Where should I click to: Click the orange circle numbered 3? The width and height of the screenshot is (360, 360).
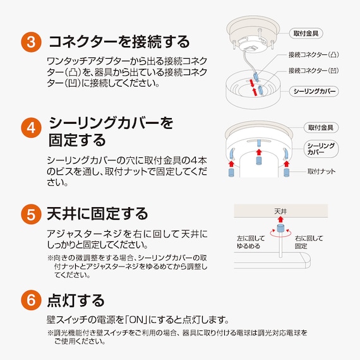tap(31, 42)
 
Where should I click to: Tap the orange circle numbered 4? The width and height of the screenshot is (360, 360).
tap(31, 128)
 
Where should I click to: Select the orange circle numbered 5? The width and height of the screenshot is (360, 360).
tap(31, 214)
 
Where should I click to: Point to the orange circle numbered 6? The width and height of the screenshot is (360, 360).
tap(31, 300)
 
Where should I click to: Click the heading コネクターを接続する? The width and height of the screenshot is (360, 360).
tap(119, 42)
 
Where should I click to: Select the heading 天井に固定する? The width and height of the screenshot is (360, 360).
tap(97, 213)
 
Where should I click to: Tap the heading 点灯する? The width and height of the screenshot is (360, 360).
tap(76, 300)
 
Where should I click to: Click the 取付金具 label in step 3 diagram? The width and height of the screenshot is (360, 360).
tap(306, 33)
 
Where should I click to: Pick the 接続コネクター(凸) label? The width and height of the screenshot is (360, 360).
tap(314, 55)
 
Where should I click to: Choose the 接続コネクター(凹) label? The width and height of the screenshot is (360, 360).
tap(314, 71)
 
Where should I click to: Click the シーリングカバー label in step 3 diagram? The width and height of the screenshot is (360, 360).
tap(314, 92)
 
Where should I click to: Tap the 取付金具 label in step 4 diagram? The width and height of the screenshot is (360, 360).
tap(321, 128)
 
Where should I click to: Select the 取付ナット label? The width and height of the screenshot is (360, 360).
tap(321, 172)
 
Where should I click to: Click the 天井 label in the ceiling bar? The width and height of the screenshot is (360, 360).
tap(280, 211)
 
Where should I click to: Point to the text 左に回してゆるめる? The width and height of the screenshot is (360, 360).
tap(251, 243)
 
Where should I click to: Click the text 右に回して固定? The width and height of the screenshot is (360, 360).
tap(309, 243)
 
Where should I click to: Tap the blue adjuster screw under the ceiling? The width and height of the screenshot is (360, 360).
tap(280, 228)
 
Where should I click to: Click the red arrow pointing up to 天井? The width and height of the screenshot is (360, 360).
tap(280, 219)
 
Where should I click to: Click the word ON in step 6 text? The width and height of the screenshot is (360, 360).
tap(137, 320)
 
